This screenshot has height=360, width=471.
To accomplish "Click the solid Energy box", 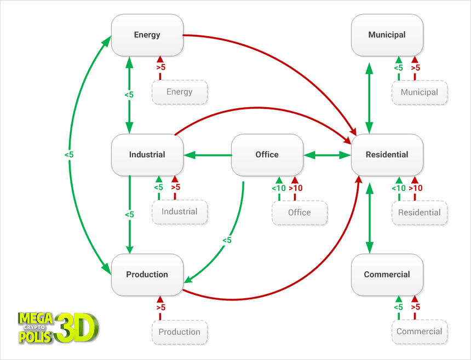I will (147, 35).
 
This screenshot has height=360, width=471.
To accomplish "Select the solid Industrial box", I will (147, 155).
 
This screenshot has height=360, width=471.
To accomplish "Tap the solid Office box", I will (267, 155).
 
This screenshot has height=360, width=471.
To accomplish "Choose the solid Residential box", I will (387, 155).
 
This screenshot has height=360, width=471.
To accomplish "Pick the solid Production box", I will (147, 275).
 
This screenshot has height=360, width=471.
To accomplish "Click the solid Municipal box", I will (387, 35).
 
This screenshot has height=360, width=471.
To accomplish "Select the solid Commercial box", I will (387, 275).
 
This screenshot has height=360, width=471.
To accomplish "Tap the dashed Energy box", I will (180, 92).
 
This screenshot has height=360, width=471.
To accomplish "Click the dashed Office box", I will (300, 212).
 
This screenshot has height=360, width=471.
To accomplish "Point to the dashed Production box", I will (180, 332).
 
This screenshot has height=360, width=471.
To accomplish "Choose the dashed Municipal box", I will (420, 92).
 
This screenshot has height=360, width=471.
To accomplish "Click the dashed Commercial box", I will (420, 332).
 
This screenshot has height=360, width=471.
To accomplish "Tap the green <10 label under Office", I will (278, 188).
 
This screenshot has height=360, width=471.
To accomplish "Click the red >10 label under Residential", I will (415, 188).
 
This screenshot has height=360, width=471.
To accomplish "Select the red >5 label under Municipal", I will (415, 68).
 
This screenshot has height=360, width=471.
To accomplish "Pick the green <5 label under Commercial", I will (398, 307).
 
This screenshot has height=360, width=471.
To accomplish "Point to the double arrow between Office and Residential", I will (328, 155).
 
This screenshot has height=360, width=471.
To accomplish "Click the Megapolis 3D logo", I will (58, 327).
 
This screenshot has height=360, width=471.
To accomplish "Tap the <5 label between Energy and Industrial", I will (129, 95).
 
